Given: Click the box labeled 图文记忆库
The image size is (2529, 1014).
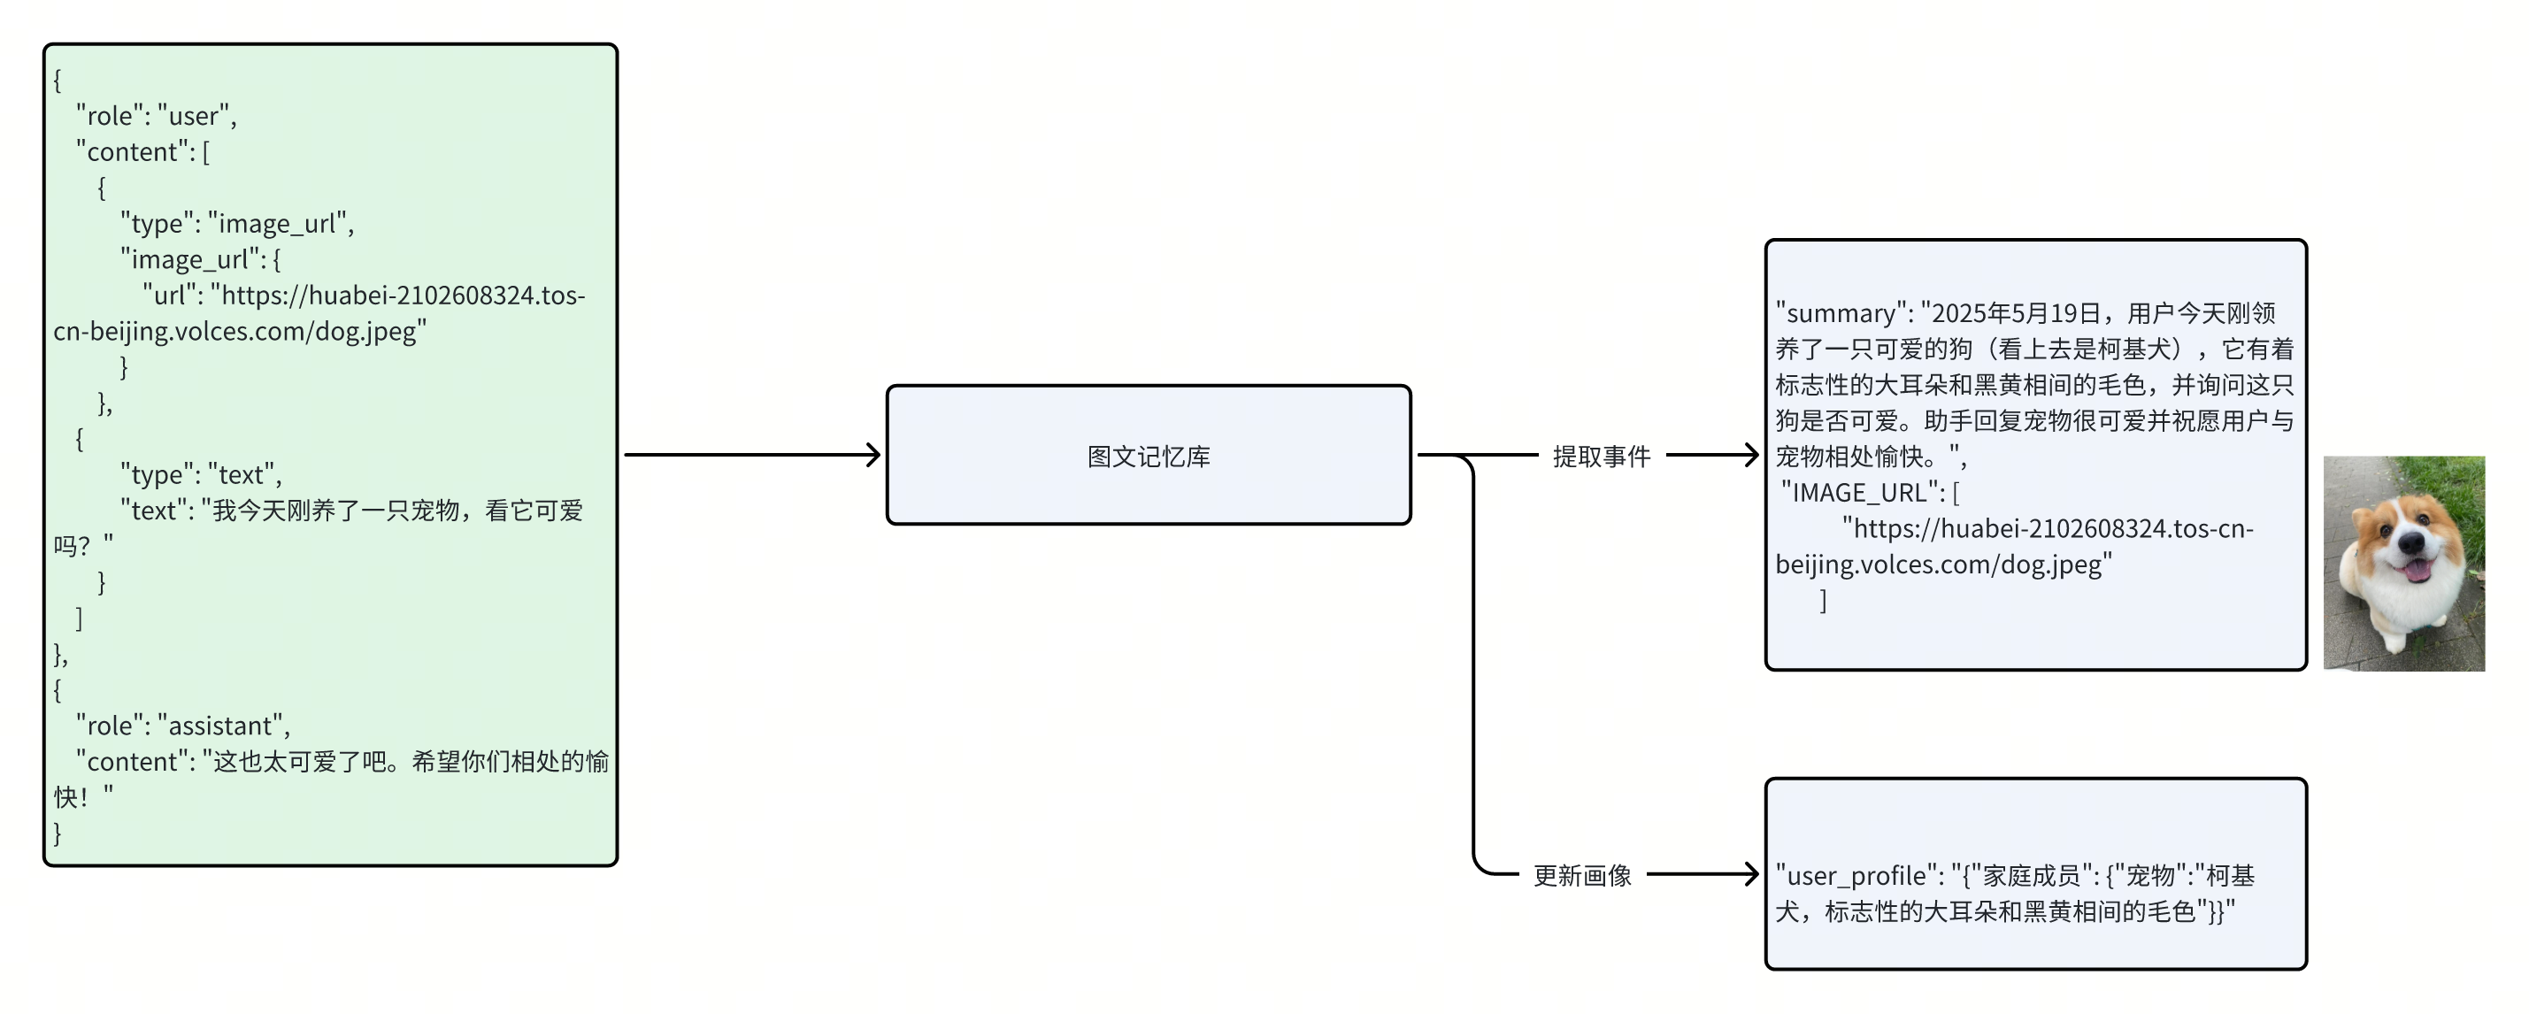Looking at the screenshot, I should pyautogui.click(x=1148, y=456).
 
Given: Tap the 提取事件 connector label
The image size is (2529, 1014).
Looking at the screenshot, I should pyautogui.click(x=1602, y=457).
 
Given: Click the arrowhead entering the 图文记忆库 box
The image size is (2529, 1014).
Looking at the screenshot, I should pyautogui.click(x=873, y=456).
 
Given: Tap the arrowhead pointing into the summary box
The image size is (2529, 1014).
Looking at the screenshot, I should pyautogui.click(x=1751, y=456).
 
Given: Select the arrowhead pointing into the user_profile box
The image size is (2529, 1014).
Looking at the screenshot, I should pyautogui.click(x=1751, y=873).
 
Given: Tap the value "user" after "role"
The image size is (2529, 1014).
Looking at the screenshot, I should pyautogui.click(x=194, y=117).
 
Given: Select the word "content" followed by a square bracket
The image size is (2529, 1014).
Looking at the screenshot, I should pyautogui.click(x=132, y=152).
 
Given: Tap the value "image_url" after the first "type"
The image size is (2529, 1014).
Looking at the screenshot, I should pyautogui.click(x=277, y=224).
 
